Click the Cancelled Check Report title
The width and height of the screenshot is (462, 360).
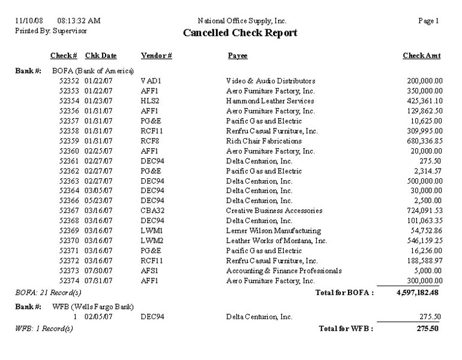pyautogui.click(x=239, y=33)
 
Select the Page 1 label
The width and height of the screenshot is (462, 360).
pyautogui.click(x=429, y=21)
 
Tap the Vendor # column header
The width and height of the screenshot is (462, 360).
pyautogui.click(x=157, y=56)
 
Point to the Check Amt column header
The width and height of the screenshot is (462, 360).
pyautogui.click(x=422, y=56)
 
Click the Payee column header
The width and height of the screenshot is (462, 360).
pyautogui.click(x=238, y=56)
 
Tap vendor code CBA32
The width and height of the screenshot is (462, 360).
pyautogui.click(x=152, y=211)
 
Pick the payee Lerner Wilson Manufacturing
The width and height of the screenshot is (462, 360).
pyautogui.click(x=274, y=231)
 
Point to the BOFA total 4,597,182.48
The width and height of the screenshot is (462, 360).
pyautogui.click(x=418, y=292)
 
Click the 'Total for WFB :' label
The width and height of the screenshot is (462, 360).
pyautogui.click(x=346, y=328)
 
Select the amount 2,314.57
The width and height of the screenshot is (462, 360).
pyautogui.click(x=427, y=170)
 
